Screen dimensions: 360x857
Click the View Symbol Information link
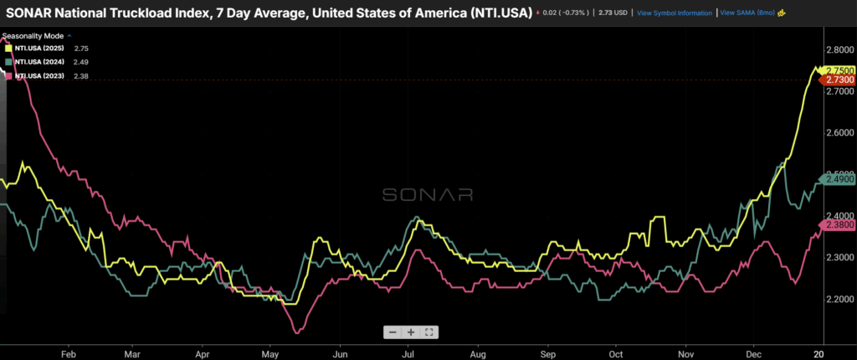coord(674,13)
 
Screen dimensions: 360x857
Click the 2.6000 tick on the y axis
coord(837,133)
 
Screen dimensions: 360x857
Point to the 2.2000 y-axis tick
coord(837,299)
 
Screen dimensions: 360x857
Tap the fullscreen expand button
coord(428,332)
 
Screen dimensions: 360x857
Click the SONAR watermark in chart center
coord(428,194)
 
